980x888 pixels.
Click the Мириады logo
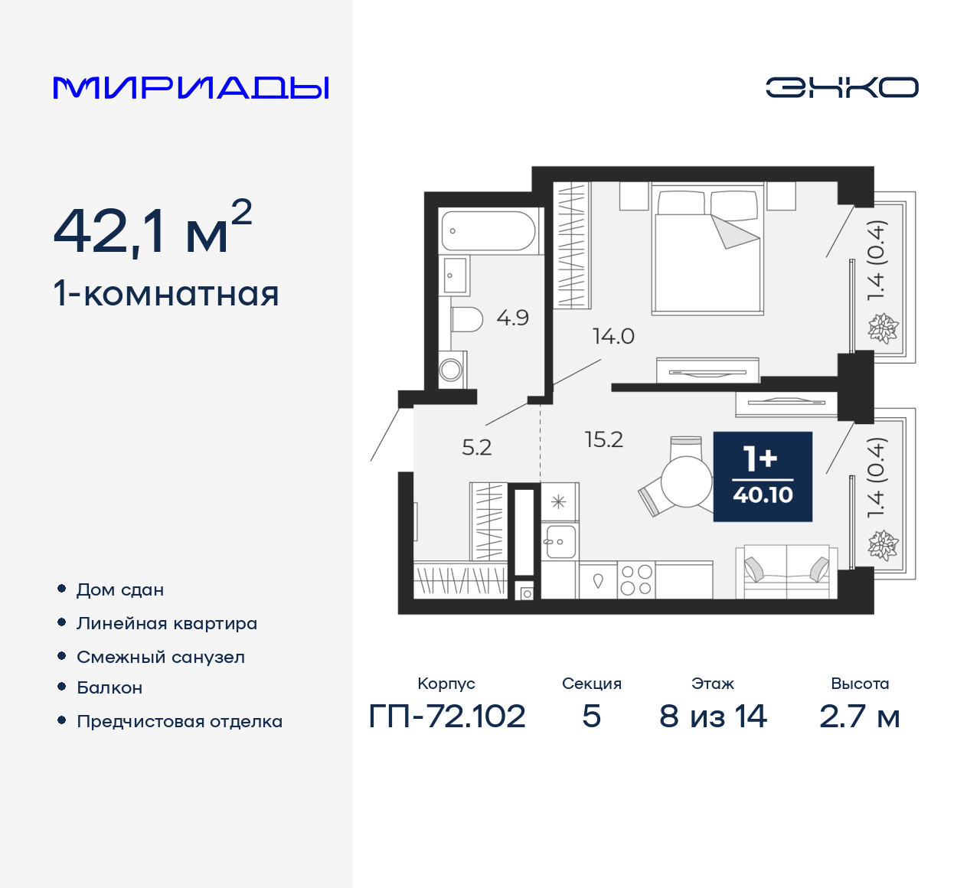coord(191,88)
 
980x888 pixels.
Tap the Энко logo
coord(841,87)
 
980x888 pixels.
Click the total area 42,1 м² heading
coord(152,229)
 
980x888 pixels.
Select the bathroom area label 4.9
coord(512,318)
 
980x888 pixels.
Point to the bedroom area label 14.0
coord(613,336)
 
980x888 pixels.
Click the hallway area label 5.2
coord(476,447)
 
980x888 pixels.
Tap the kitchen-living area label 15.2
coord(603,439)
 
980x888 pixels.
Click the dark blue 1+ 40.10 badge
coord(763,476)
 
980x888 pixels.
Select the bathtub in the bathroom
coord(488,230)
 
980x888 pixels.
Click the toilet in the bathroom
coord(466,319)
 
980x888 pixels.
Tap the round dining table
coord(686,482)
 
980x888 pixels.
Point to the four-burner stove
coord(636,579)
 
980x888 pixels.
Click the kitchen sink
coord(560,541)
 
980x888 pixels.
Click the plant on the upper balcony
coord(883,328)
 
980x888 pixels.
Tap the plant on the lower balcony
coord(883,545)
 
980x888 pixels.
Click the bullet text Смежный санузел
coord(161,657)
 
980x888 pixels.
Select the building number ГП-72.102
coord(447,717)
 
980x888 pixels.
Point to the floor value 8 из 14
coord(713,717)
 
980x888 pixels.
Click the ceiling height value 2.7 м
coord(859,717)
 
